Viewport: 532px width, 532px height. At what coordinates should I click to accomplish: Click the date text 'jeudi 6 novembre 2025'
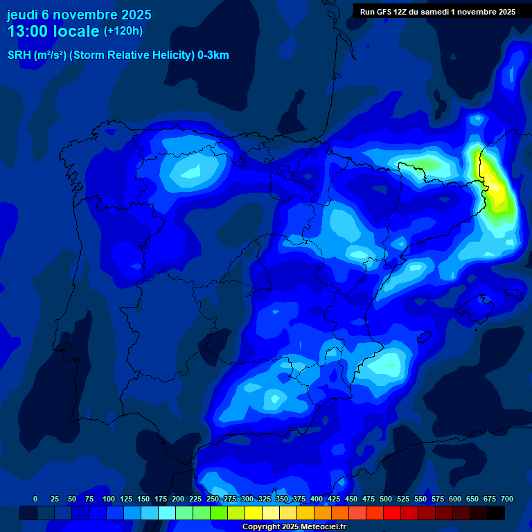point(79,15)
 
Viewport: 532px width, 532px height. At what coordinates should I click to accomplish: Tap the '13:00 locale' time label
point(54,31)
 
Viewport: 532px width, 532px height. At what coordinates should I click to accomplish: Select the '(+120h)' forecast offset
point(123,31)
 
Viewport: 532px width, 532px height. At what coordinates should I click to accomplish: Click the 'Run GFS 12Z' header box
point(437,12)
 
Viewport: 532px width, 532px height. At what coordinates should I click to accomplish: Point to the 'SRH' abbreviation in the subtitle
point(19,55)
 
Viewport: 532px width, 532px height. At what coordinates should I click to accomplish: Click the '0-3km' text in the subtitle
point(213,55)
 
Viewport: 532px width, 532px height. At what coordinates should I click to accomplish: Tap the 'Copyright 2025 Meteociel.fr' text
point(294,527)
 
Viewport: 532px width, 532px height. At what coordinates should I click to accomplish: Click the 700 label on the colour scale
point(506,499)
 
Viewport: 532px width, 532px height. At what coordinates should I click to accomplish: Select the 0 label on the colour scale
point(35,499)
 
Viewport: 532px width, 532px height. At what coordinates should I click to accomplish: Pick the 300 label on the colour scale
point(247,499)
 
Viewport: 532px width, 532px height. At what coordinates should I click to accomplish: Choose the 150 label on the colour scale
point(143,499)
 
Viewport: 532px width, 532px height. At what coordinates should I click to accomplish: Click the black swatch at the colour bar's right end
point(496,513)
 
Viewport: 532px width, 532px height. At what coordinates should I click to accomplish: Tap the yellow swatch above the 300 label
point(254,513)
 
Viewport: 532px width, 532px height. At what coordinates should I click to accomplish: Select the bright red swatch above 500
point(392,513)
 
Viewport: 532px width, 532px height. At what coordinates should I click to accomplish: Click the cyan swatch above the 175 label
point(167,513)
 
